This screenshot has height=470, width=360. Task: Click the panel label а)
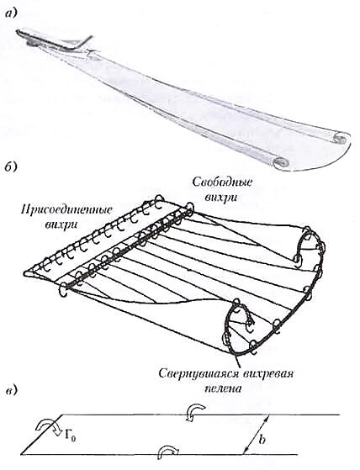pyautogui.click(x=12, y=13)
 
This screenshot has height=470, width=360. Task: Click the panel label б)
pyautogui.click(x=12, y=167)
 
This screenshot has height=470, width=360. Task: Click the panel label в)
pyautogui.click(x=12, y=391)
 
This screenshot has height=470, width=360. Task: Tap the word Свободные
pyautogui.click(x=222, y=182)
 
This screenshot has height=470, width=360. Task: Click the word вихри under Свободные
pyautogui.click(x=221, y=198)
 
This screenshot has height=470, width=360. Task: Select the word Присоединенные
pyautogui.click(x=66, y=209)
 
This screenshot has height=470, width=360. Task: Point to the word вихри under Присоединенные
pyautogui.click(x=61, y=224)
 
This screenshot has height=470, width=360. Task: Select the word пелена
pyautogui.click(x=223, y=388)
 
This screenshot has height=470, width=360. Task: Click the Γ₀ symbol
pyautogui.click(x=70, y=437)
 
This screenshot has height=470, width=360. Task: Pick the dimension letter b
pyautogui.click(x=262, y=440)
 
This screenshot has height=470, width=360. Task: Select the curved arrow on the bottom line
pyautogui.click(x=168, y=450)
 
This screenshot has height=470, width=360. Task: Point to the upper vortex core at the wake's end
pyautogui.click(x=339, y=139)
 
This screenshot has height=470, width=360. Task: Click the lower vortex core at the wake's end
pyautogui.click(x=281, y=162)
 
